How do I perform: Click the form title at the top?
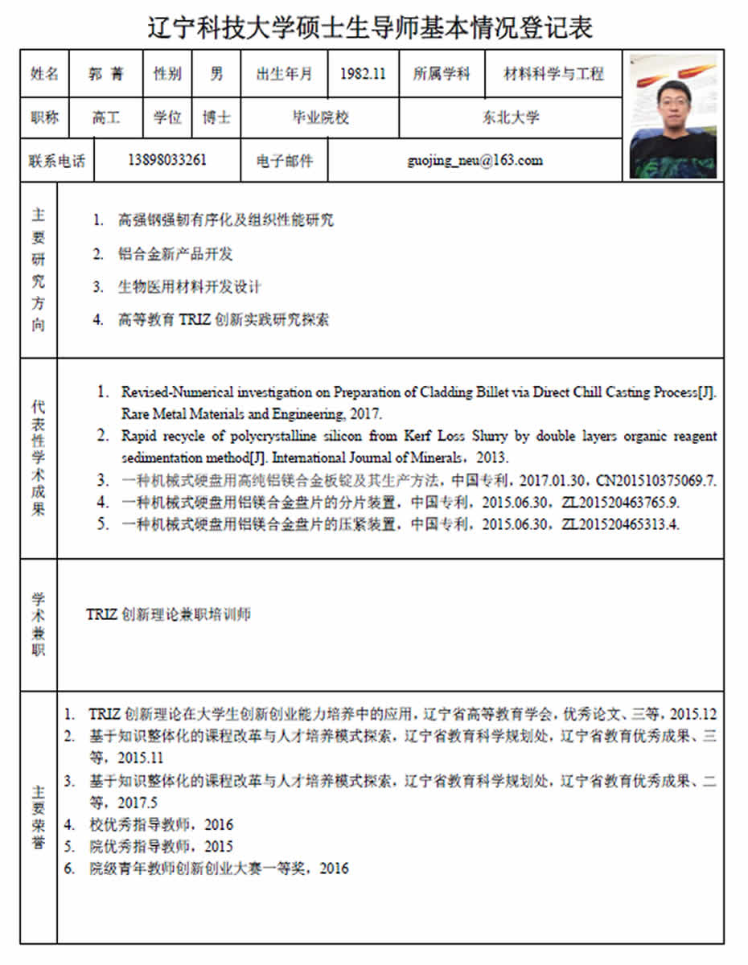coord(371,27)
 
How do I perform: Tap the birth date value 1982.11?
coord(363,74)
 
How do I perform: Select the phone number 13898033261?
coord(167,160)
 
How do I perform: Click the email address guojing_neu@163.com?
coord(475,160)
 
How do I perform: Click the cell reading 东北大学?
coord(511,117)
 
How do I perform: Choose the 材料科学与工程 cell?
coord(553,74)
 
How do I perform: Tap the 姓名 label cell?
coord(45,74)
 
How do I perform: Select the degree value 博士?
coord(216,117)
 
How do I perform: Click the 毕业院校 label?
coord(320,117)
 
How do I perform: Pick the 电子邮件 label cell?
coord(285,160)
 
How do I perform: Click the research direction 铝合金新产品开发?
coord(175,254)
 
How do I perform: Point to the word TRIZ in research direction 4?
coord(195,319)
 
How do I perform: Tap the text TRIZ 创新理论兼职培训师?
coord(168,614)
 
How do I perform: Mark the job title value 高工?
coord(106,117)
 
